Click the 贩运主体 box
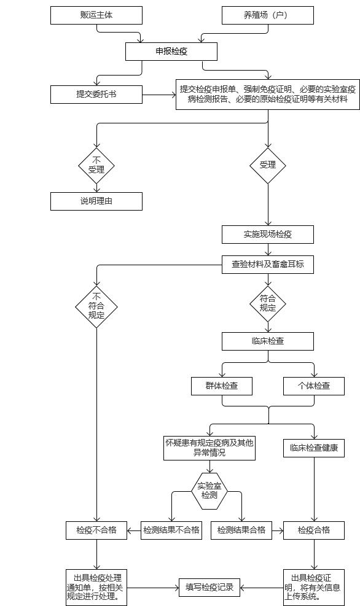[96, 15]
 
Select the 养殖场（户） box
[268, 15]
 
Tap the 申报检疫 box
[171, 52]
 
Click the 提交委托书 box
[96, 95]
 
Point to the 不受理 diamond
[96, 166]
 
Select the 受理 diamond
[268, 166]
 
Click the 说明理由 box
[96, 201]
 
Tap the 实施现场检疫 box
[268, 234]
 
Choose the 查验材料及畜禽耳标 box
[268, 265]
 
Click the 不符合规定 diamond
[96, 307]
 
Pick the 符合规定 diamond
[268, 304]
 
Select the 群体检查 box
[222, 386]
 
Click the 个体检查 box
[313, 386]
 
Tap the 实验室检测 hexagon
[209, 491]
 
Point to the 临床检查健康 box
[313, 448]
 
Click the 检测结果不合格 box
[171, 530]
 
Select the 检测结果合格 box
[241, 530]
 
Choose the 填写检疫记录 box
[209, 588]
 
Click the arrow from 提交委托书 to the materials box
[159, 95]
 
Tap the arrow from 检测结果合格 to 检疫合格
[278, 530]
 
